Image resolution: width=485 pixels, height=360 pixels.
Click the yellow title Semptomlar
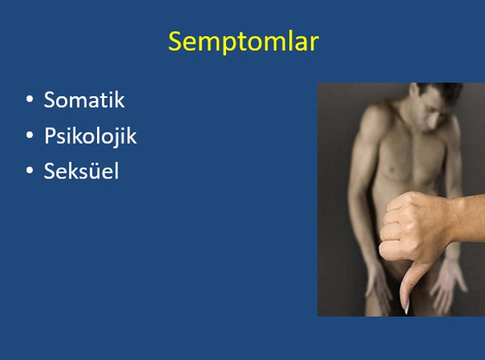tap(243, 41)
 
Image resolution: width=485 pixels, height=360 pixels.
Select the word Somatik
tap(84, 99)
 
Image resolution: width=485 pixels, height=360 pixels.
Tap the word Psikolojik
tap(90, 136)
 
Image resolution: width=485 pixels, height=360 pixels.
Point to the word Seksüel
tap(81, 171)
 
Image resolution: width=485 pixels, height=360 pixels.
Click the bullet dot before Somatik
tap(30, 99)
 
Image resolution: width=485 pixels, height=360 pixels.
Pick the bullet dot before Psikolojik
tap(30, 135)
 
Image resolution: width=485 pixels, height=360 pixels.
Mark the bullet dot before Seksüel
tap(30, 171)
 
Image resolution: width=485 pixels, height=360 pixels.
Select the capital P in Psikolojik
tap(50, 135)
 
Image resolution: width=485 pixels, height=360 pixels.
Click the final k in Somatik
tap(120, 99)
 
